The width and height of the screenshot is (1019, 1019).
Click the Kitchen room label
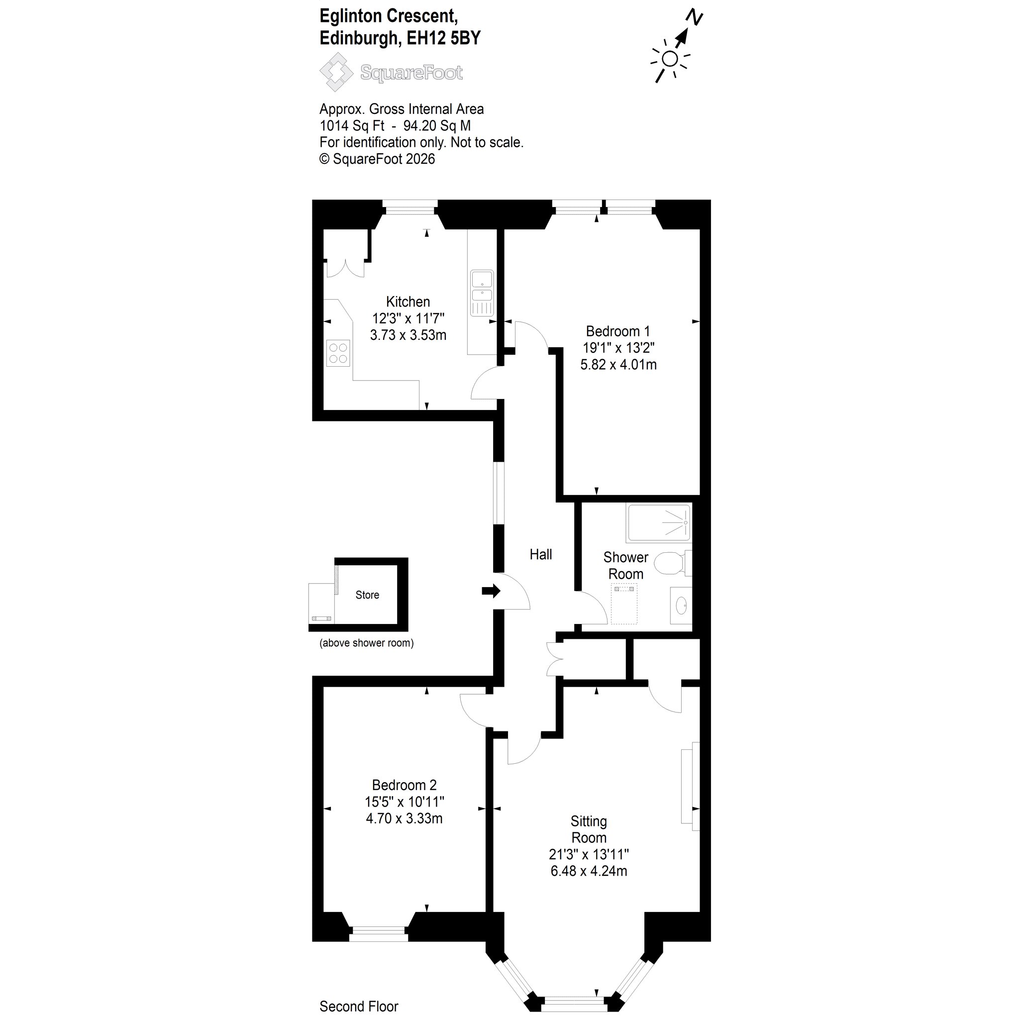click(x=408, y=302)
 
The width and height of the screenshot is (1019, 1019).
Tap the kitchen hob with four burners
click(x=337, y=353)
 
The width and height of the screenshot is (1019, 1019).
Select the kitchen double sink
click(x=482, y=293)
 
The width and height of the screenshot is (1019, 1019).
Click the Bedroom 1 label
click(x=617, y=331)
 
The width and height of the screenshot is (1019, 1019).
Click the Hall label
click(x=541, y=554)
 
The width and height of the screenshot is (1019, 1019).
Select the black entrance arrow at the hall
click(x=491, y=591)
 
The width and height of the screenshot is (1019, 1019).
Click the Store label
click(x=367, y=595)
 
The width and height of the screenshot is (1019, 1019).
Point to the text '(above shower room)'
click(x=367, y=643)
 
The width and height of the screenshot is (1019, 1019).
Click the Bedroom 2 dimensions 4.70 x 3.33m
click(x=404, y=818)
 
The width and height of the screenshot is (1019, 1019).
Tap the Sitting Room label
click(x=589, y=829)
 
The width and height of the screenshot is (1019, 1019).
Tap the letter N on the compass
click(x=694, y=17)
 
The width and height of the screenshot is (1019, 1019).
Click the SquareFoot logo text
click(x=411, y=72)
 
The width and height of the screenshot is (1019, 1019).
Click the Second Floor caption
click(x=359, y=1007)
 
